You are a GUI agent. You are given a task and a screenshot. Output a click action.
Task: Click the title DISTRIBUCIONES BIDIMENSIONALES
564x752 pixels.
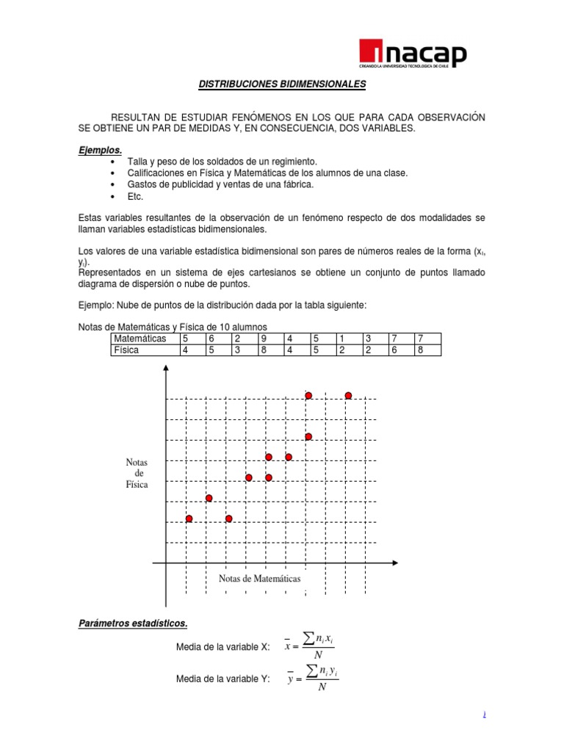[x=282, y=84]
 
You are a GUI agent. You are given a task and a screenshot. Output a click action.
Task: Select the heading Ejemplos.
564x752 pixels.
[x=100, y=150]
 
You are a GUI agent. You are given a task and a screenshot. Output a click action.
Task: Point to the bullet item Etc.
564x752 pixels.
[x=135, y=196]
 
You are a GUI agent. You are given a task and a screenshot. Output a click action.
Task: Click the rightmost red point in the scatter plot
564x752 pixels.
[x=348, y=396]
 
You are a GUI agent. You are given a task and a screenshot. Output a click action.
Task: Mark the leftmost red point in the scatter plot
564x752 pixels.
[x=189, y=518]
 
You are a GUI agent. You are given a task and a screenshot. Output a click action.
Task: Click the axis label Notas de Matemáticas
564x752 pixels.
[x=260, y=579]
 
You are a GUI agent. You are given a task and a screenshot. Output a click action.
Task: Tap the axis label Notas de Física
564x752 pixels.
[x=137, y=474]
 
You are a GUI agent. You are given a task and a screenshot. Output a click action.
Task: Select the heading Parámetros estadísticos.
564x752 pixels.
[x=133, y=623]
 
